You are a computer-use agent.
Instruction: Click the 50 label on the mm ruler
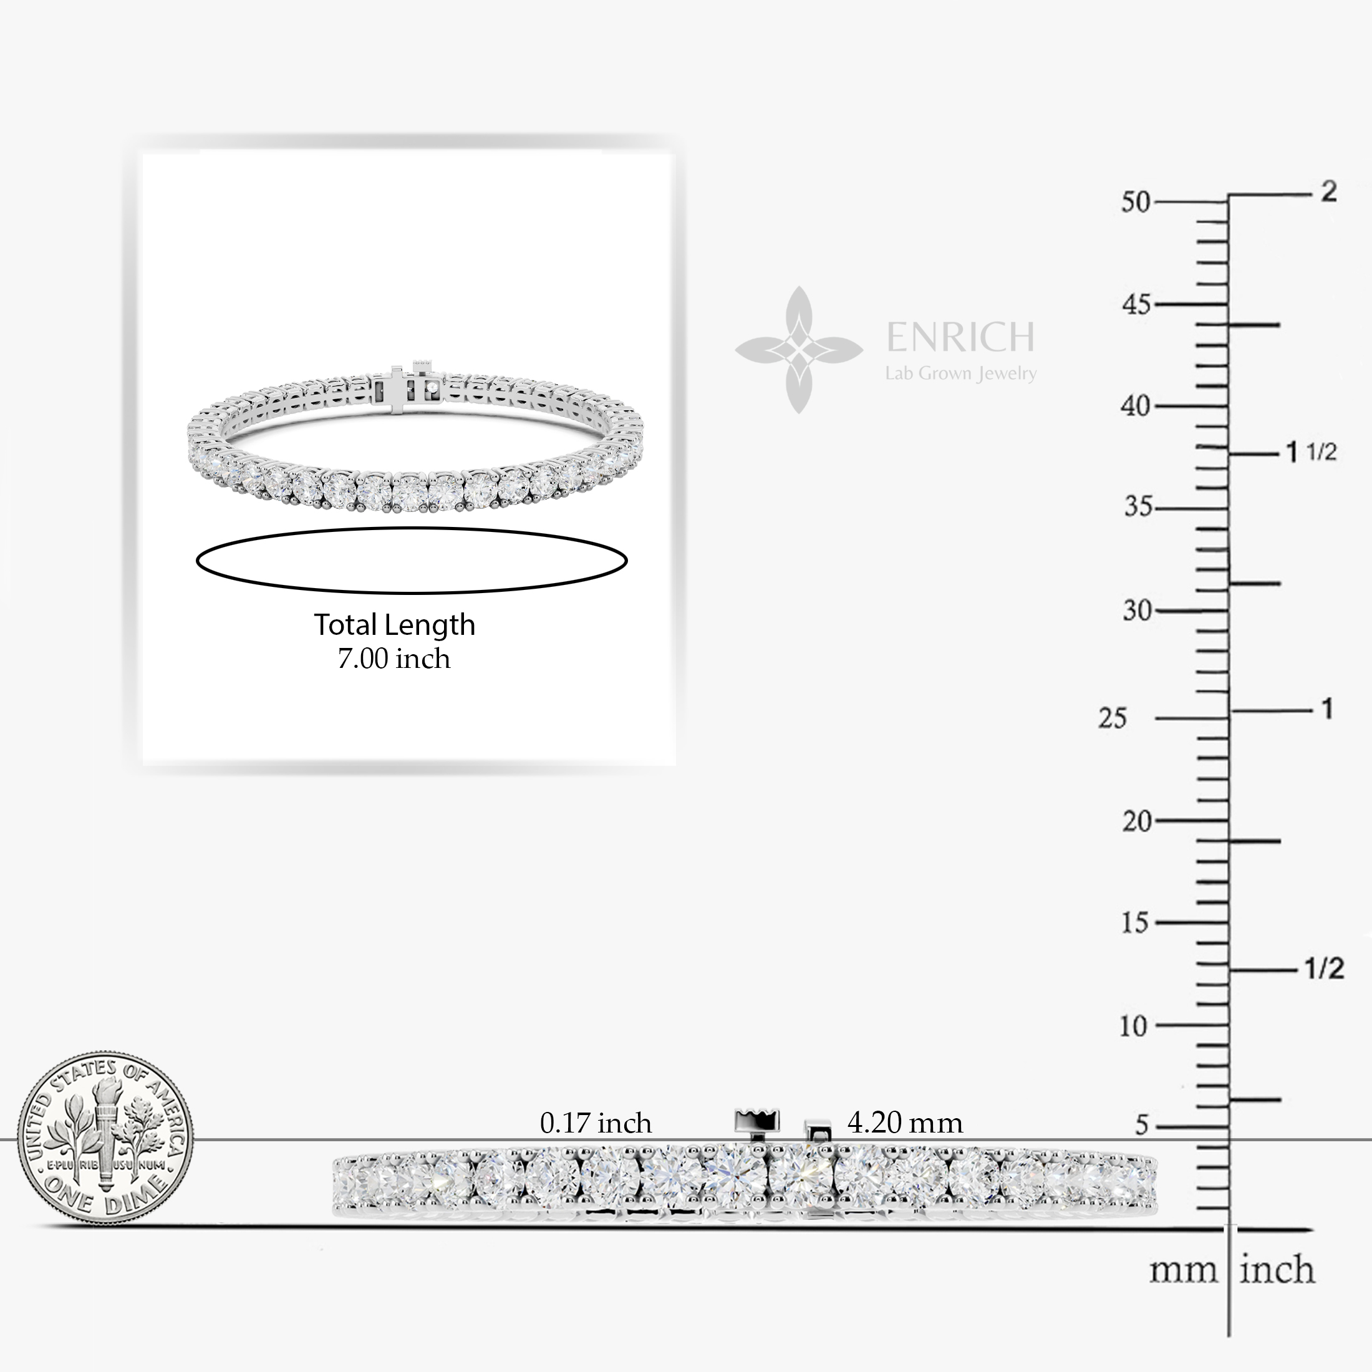[x=1135, y=203]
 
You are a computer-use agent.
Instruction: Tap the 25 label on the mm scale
[x=1112, y=718]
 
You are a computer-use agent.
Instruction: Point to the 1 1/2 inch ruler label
[x=1311, y=452]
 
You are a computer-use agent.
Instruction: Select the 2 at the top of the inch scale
[x=1328, y=191]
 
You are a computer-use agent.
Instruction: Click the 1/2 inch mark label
[x=1325, y=969]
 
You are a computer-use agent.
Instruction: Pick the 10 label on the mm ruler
[x=1133, y=1026]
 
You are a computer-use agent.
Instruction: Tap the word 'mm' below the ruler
[x=1183, y=1270]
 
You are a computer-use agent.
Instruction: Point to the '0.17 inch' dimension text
[x=595, y=1123]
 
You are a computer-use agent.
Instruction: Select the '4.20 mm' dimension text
[x=905, y=1123]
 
